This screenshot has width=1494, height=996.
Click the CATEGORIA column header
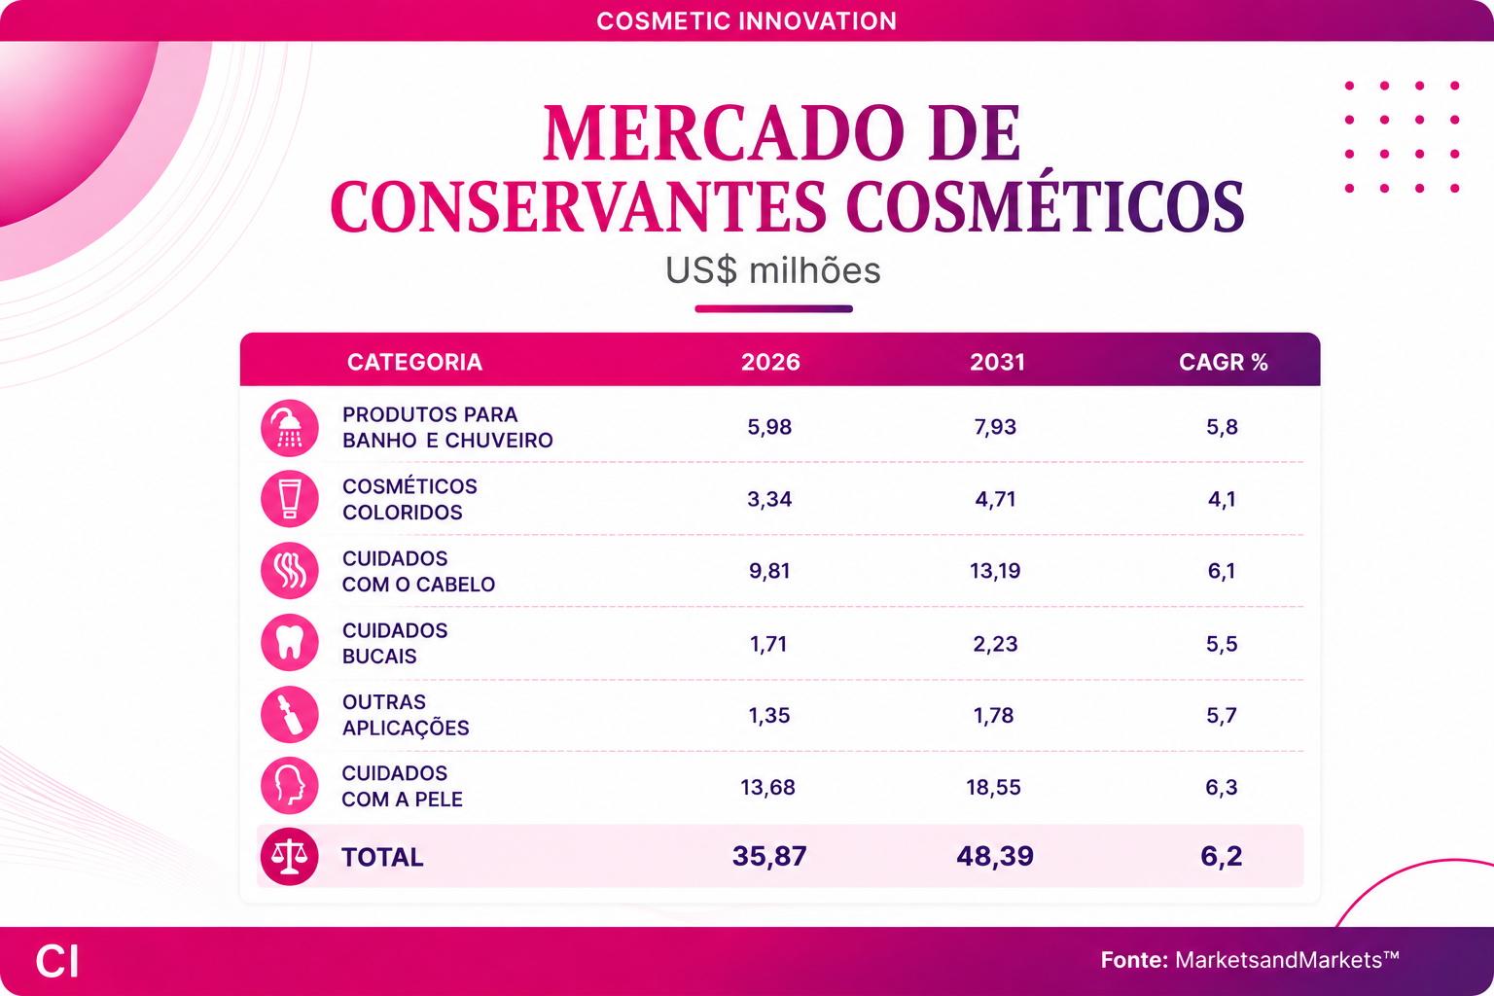click(x=414, y=362)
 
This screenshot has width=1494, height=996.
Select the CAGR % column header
click(x=1224, y=362)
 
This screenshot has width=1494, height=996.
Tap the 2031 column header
click(x=997, y=362)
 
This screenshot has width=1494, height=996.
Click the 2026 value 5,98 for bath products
click(x=769, y=427)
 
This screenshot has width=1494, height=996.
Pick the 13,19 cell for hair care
click(x=994, y=571)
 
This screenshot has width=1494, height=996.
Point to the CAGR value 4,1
click(x=1222, y=499)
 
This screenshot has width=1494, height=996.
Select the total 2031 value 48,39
click(x=994, y=856)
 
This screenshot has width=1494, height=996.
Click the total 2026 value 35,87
click(x=769, y=856)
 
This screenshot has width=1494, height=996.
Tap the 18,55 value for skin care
click(x=993, y=787)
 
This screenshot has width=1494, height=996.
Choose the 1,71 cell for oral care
click(x=768, y=644)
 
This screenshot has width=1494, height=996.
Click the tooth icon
click(x=290, y=642)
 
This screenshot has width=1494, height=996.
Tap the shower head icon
click(x=290, y=428)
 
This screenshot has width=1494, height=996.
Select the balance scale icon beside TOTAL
click(x=290, y=857)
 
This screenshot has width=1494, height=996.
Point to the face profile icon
click(x=290, y=785)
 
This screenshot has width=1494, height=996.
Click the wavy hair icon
click(x=290, y=570)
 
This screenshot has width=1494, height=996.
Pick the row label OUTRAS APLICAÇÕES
click(x=406, y=715)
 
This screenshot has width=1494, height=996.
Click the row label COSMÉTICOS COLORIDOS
click(x=409, y=499)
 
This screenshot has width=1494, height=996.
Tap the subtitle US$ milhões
click(x=772, y=270)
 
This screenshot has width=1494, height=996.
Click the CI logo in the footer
click(x=57, y=961)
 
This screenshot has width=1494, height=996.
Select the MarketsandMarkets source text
click(x=1287, y=959)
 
